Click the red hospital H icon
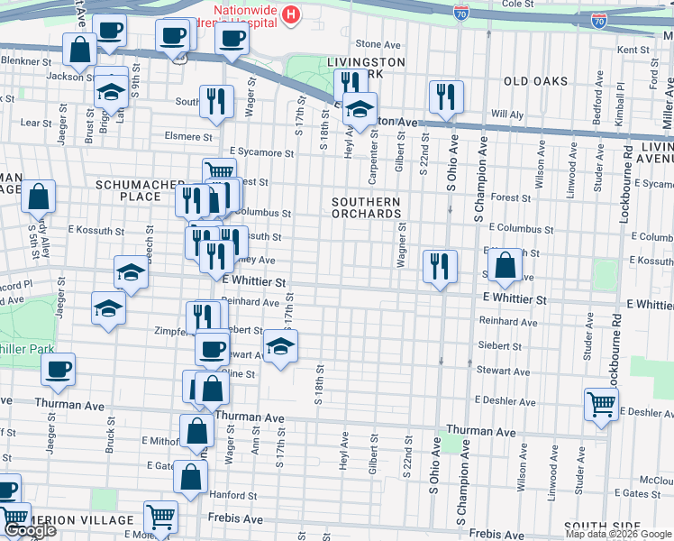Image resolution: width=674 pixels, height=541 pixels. pyautogui.click(x=291, y=14)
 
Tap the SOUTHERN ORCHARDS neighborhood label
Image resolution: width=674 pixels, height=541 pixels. pyautogui.click(x=366, y=207)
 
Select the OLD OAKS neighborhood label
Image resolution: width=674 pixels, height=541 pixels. pyautogui.click(x=536, y=81)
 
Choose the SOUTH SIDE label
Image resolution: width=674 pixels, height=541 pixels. pyautogui.click(x=595, y=526)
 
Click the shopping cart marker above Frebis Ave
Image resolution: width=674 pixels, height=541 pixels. pyautogui.click(x=161, y=517)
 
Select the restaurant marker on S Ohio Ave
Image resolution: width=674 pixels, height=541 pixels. pyautogui.click(x=439, y=266)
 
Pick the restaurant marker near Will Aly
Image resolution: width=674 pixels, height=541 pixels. pyautogui.click(x=446, y=96)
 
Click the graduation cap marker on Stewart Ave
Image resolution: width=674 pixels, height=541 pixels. pyautogui.click(x=280, y=345)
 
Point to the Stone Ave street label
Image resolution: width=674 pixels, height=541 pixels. pyautogui.click(x=378, y=43)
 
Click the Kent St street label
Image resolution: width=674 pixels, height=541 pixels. pyautogui.click(x=634, y=50)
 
